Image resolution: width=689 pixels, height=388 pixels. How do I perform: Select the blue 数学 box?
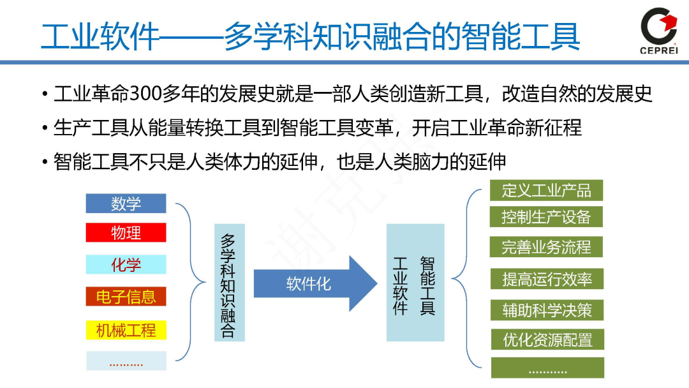pos(126,204)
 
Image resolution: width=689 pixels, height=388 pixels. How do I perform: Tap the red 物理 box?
pos(126,232)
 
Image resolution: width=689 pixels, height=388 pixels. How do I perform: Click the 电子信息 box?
pos(126,297)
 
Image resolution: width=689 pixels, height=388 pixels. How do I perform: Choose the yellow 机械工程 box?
pos(126,330)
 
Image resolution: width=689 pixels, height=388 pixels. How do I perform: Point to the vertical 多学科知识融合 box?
pos(229,282)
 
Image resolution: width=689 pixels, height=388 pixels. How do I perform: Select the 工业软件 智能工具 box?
pos(415,282)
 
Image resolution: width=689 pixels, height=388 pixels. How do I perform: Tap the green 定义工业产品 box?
pos(546,190)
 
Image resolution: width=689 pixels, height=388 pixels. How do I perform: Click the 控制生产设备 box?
pos(546,216)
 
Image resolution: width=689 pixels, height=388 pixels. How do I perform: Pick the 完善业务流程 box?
pos(546,247)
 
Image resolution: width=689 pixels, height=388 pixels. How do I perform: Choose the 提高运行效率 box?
pos(546,279)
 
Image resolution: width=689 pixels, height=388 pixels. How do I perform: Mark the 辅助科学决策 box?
pos(546,310)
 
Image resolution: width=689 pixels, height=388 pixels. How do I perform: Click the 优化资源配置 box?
pos(546,339)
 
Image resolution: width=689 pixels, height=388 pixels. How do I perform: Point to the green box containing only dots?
pos(546,368)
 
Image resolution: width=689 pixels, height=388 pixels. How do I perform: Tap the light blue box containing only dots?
pos(126,362)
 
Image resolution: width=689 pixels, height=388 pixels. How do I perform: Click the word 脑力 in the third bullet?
pos(440,161)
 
